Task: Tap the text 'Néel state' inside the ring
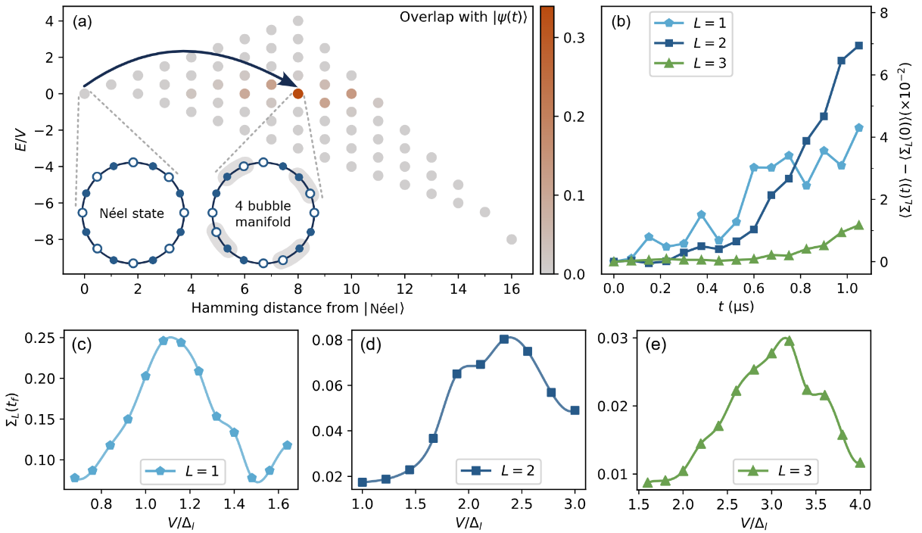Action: point(133,214)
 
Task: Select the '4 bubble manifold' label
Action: point(262,214)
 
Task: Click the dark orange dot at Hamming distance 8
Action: point(298,94)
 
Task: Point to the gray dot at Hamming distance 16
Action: point(512,239)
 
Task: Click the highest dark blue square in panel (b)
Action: point(858,46)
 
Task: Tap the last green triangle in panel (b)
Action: point(858,225)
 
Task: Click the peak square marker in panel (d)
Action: point(504,339)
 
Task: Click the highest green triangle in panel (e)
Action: point(789,341)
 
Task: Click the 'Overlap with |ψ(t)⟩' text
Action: point(466,15)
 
